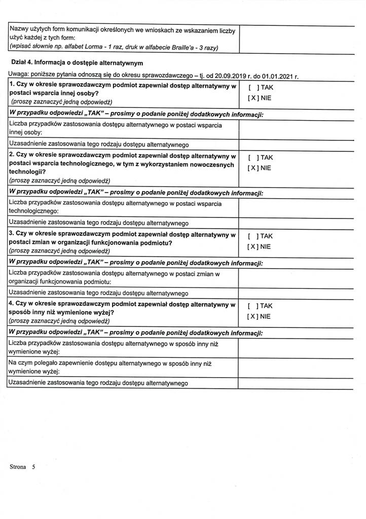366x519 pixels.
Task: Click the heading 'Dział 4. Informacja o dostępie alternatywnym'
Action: point(78,63)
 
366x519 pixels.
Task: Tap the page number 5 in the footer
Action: point(33,467)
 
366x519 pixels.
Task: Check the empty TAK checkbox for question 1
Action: point(253,88)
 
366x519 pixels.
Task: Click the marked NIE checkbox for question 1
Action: point(253,98)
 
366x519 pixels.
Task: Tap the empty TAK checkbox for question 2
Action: point(253,158)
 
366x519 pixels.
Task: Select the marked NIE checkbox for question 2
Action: point(253,168)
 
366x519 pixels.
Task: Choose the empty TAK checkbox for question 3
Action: point(253,236)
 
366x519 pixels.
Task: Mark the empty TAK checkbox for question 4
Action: point(253,306)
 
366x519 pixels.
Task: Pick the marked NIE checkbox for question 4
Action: point(253,316)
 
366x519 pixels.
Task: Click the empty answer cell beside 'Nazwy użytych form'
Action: point(295,39)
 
